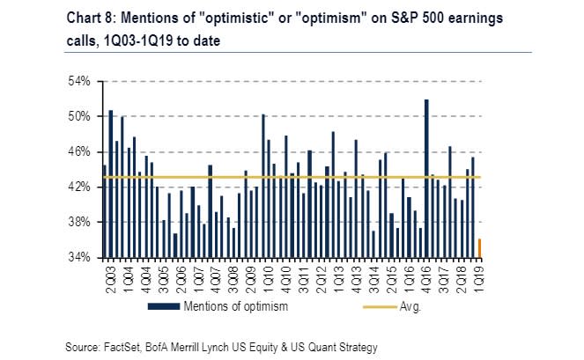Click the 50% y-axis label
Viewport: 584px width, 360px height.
[x=80, y=116]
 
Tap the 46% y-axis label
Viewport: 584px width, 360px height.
[x=80, y=151]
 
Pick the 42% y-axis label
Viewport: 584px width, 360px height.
[x=80, y=187]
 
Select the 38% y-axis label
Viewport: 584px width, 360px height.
[x=80, y=223]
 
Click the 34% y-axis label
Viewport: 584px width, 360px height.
[x=80, y=258]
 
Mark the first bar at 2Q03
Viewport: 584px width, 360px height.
[x=104, y=211]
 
